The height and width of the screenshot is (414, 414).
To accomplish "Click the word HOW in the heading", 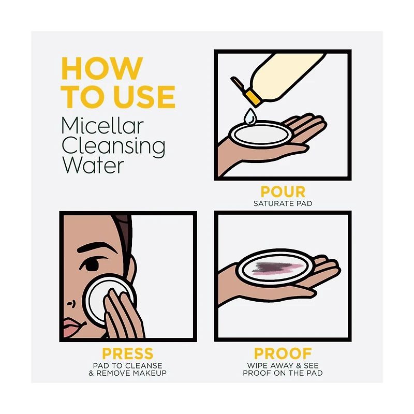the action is (102, 68).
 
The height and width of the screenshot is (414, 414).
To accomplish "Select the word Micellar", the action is (102, 126).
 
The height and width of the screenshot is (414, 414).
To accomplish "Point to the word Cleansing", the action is (113, 147).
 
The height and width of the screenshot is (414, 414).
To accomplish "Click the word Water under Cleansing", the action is (93, 165).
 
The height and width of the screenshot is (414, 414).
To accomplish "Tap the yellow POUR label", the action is (283, 191).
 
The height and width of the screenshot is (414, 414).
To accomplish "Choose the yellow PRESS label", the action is (127, 353).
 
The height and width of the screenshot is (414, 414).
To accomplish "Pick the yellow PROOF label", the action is (283, 353).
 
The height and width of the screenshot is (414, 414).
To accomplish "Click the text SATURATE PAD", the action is (283, 203).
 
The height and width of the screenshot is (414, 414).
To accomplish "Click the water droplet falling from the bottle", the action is (250, 116).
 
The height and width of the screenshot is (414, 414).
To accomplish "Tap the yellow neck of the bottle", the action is (253, 98).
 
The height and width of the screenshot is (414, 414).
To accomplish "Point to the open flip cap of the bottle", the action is (238, 83).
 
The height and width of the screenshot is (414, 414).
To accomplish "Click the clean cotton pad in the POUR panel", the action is (261, 135).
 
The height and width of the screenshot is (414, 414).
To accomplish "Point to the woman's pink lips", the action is (72, 328).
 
